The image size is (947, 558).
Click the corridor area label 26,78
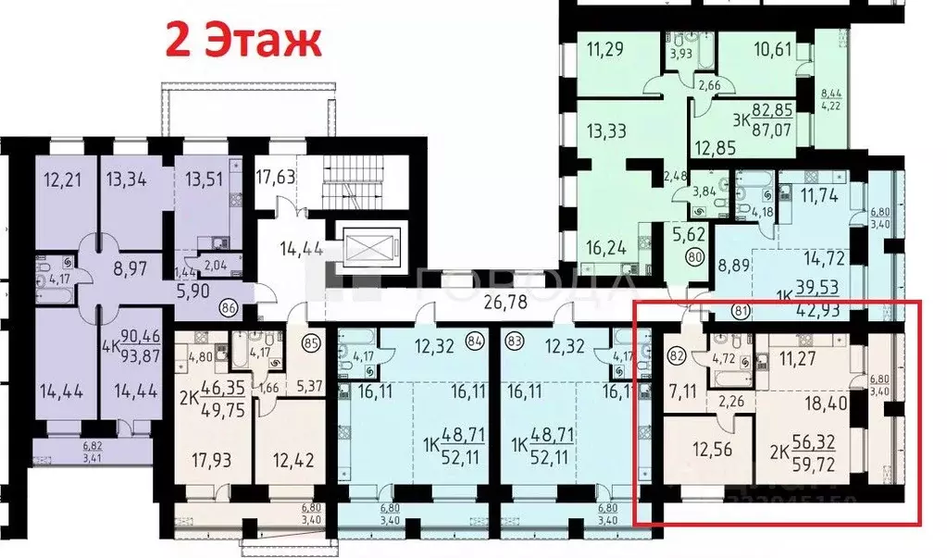509,300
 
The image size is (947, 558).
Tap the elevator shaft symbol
368,248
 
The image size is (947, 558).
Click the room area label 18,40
804,403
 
